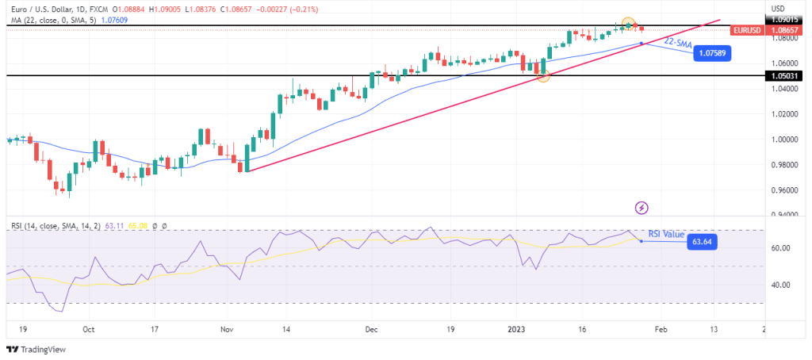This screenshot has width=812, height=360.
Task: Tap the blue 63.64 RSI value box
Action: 700,242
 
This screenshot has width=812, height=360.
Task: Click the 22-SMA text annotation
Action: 678,41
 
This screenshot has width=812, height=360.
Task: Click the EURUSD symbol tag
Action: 748,30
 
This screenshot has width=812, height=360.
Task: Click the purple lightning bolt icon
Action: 642,208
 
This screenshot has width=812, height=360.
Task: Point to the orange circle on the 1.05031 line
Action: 543,75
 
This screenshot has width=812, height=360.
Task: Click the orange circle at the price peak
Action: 628,23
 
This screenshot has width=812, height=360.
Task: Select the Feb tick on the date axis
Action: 662,328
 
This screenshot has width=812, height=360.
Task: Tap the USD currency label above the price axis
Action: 779,8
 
